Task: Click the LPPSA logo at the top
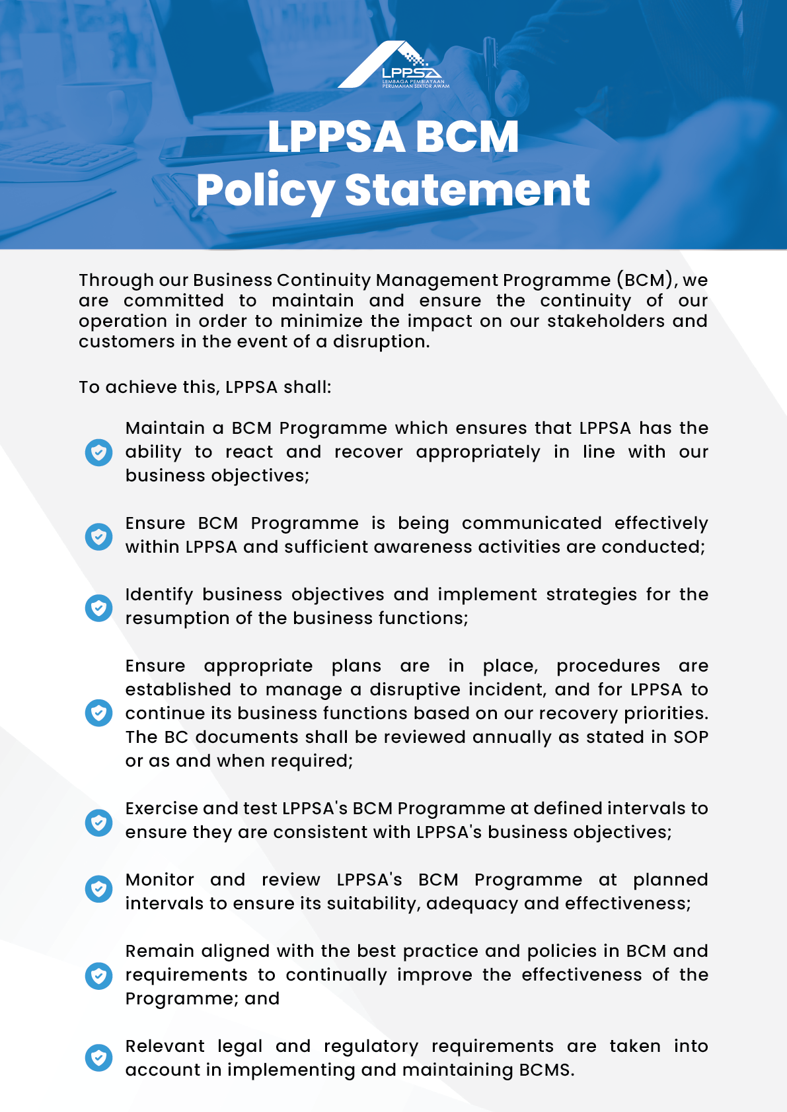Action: pyautogui.click(x=394, y=65)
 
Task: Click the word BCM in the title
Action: pyautogui.click(x=467, y=137)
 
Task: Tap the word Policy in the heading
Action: pyautogui.click(x=265, y=191)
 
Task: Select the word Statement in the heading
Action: pyautogui.click(x=467, y=190)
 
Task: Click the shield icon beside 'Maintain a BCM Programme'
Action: pyautogui.click(x=98, y=452)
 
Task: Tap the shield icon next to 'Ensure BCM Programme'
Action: pyautogui.click(x=98, y=536)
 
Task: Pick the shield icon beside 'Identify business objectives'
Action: pyautogui.click(x=98, y=608)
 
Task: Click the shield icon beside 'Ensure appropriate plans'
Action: pyautogui.click(x=98, y=713)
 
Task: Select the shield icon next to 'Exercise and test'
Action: pyautogui.click(x=98, y=822)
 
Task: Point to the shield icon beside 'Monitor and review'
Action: pyautogui.click(x=98, y=889)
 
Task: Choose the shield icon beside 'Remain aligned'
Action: pyautogui.click(x=98, y=975)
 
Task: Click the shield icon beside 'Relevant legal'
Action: pyautogui.click(x=98, y=1058)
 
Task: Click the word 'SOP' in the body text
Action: pyautogui.click(x=691, y=737)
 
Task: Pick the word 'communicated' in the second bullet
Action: pyautogui.click(x=531, y=523)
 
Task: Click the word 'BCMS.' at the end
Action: pyautogui.click(x=546, y=1070)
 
